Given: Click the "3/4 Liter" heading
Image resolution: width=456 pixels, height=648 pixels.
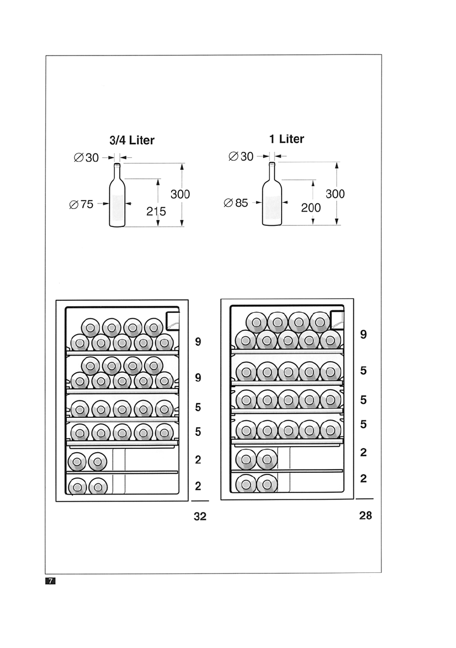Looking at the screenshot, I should [x=132, y=140].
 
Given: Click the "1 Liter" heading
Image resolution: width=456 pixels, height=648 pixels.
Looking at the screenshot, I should [x=286, y=139].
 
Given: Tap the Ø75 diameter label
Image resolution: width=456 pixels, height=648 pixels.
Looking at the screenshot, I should [x=82, y=205].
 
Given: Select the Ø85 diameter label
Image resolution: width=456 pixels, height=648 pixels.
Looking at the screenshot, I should [x=235, y=203].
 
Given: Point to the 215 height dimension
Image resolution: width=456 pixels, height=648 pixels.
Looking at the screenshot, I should [x=156, y=212].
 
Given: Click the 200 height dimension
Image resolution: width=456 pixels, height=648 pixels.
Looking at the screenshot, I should [x=311, y=207].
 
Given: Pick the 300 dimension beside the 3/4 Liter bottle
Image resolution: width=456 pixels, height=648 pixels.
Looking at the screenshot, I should [x=180, y=194].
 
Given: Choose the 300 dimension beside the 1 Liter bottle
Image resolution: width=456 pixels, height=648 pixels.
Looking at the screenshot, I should [x=335, y=194].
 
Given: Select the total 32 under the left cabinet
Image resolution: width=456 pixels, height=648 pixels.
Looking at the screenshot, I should [x=200, y=517].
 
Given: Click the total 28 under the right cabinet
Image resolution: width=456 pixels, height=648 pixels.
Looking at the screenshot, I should [x=365, y=515].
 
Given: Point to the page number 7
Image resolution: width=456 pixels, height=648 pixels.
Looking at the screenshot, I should [x=50, y=581].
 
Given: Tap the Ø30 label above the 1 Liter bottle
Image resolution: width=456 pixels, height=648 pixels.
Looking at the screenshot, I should [x=241, y=157].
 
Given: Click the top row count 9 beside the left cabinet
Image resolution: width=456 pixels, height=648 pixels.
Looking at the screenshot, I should [x=198, y=342].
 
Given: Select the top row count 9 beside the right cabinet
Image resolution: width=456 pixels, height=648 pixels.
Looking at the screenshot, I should [x=364, y=335].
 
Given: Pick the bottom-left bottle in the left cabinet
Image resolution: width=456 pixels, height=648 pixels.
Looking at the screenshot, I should [x=78, y=486].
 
